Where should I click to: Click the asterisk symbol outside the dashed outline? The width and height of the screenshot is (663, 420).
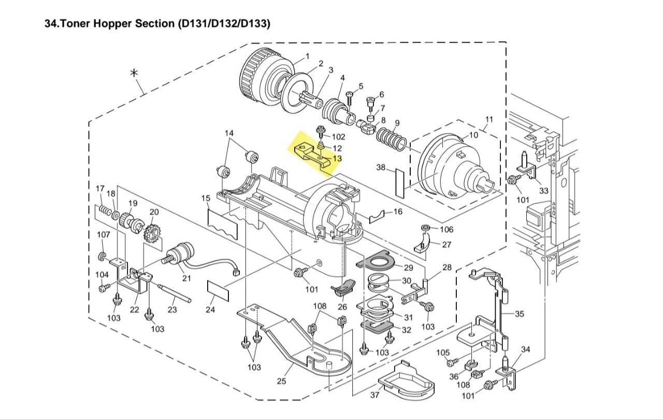tap(134, 73)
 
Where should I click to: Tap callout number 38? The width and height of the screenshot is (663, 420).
tap(381, 167)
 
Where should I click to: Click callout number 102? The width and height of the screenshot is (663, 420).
tap(339, 136)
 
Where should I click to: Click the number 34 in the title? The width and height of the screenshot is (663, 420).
tap(50, 23)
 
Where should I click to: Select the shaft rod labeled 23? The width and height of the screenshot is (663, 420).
tap(175, 294)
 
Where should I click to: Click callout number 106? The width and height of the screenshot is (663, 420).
tap(446, 229)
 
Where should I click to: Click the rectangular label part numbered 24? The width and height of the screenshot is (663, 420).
tap(218, 291)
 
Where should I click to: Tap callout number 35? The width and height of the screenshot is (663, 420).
tap(520, 314)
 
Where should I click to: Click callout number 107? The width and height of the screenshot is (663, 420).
tap(104, 234)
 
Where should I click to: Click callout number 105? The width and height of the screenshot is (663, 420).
tap(443, 353)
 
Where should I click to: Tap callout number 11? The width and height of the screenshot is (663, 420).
tap(489, 119)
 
